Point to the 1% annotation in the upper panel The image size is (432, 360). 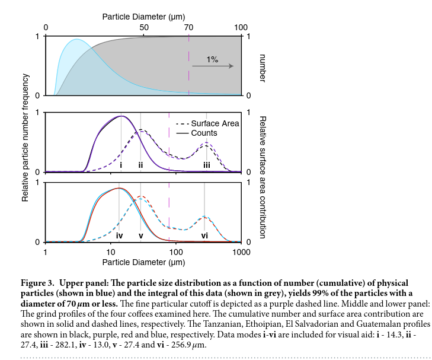[212, 59]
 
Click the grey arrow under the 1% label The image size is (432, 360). [212, 67]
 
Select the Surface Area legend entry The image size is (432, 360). [215, 123]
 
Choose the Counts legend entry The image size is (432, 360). [204, 133]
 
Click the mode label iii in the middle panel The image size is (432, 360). [206, 165]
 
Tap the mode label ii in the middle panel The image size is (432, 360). [140, 165]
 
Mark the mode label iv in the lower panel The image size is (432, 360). [119, 235]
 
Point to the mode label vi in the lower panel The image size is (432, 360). [204, 235]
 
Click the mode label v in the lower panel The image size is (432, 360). [140, 235]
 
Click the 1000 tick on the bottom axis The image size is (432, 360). [241, 252]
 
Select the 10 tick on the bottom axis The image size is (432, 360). [111, 252]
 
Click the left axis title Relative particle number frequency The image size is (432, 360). [25, 138]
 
